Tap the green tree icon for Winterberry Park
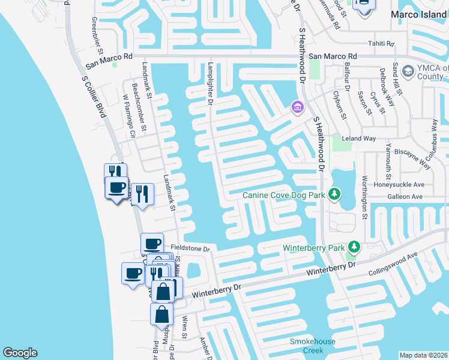(x=355, y=247)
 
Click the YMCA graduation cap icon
(x=408, y=72)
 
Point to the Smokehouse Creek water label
(x=312, y=346)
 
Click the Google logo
(x=20, y=353)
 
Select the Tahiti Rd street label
(x=381, y=44)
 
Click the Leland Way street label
(x=358, y=139)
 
